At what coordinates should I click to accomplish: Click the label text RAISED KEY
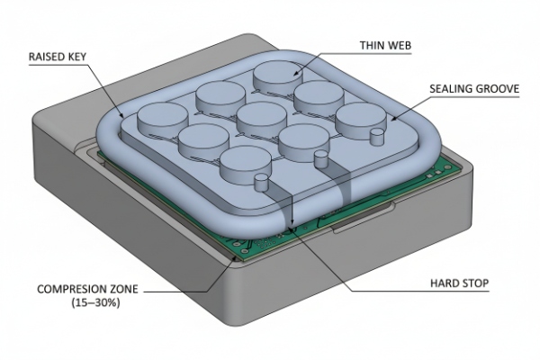tap(58, 55)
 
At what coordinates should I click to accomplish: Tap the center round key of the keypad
tap(262, 117)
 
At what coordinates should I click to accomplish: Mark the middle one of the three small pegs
tap(319, 160)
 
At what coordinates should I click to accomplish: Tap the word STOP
tap(472, 283)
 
